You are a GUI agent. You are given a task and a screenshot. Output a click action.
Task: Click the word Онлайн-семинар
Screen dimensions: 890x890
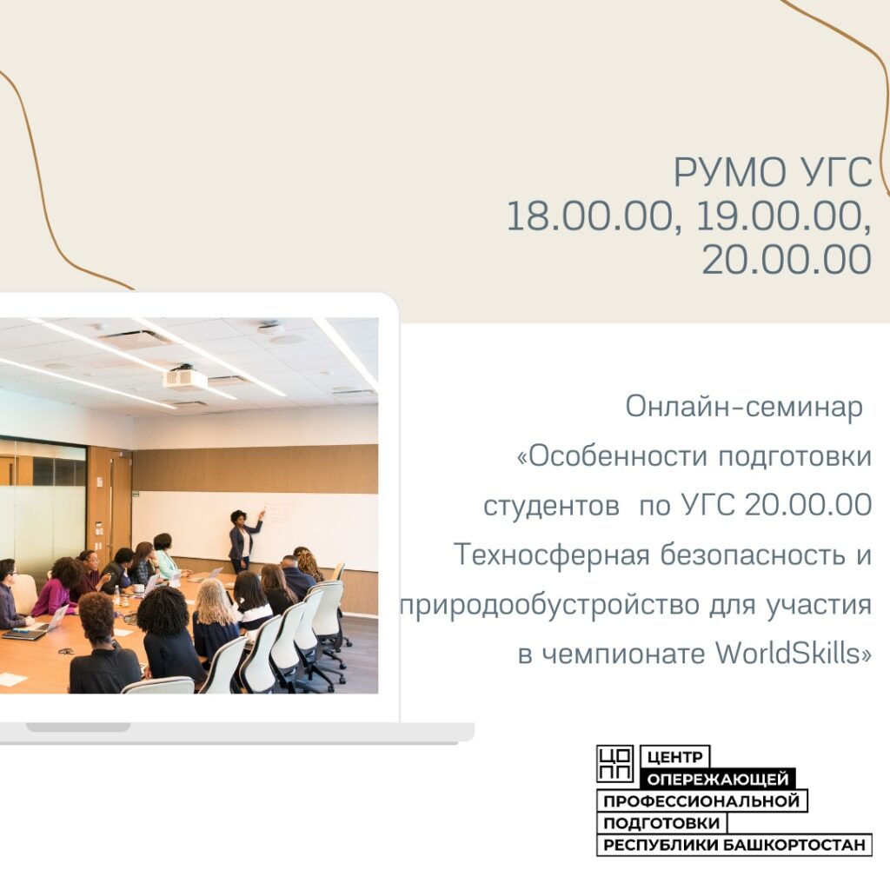pyautogui.click(x=744, y=407)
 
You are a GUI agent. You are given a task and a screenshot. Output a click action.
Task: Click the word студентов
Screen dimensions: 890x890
pyautogui.click(x=550, y=506)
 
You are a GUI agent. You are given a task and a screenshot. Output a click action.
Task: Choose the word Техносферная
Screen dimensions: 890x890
pyautogui.click(x=551, y=555)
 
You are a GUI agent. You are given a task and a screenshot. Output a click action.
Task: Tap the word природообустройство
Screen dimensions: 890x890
pyautogui.click(x=549, y=605)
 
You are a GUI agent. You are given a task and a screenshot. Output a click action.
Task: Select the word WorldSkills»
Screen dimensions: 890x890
pyautogui.click(x=794, y=653)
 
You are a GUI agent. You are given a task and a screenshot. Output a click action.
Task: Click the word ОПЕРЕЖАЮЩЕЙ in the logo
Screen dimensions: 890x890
pyautogui.click(x=717, y=780)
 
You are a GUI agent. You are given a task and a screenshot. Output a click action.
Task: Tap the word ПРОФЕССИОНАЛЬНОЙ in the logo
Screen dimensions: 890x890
pyautogui.click(x=701, y=800)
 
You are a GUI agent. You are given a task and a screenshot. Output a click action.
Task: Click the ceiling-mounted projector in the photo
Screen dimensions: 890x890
pyautogui.click(x=186, y=377)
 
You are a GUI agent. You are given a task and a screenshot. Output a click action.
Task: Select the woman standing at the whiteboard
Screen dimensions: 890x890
pyautogui.click(x=244, y=541)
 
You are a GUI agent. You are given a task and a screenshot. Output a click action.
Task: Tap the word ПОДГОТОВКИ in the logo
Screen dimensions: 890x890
pyautogui.click(x=661, y=823)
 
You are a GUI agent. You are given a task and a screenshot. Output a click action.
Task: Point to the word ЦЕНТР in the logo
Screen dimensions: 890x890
pyautogui.click(x=674, y=757)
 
